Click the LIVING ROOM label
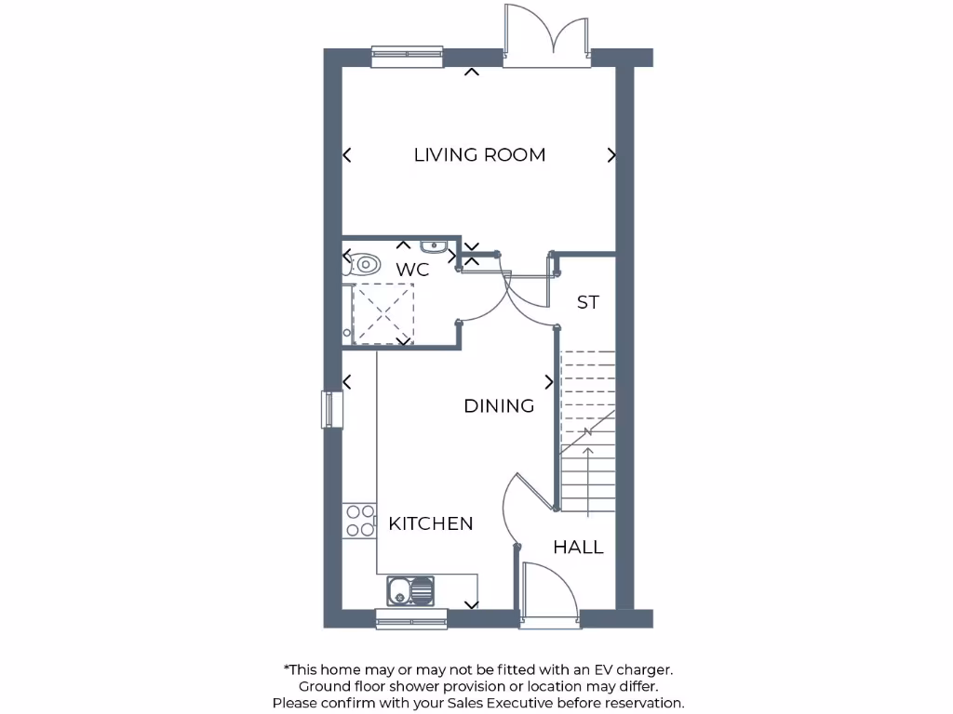pyautogui.click(x=479, y=155)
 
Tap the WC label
pyautogui.click(x=412, y=270)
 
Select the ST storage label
pyautogui.click(x=587, y=303)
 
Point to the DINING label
pyautogui.click(x=499, y=406)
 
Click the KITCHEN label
pyautogui.click(x=430, y=524)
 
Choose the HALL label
pyautogui.click(x=578, y=548)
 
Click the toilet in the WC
pyautogui.click(x=363, y=264)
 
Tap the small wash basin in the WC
pyautogui.click(x=434, y=246)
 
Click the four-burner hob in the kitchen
pyautogui.click(x=358, y=521)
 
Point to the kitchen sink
pyautogui.click(x=410, y=589)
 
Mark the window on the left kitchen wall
pyautogui.click(x=332, y=410)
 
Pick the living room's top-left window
pyautogui.click(x=407, y=57)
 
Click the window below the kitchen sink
pyautogui.click(x=411, y=618)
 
